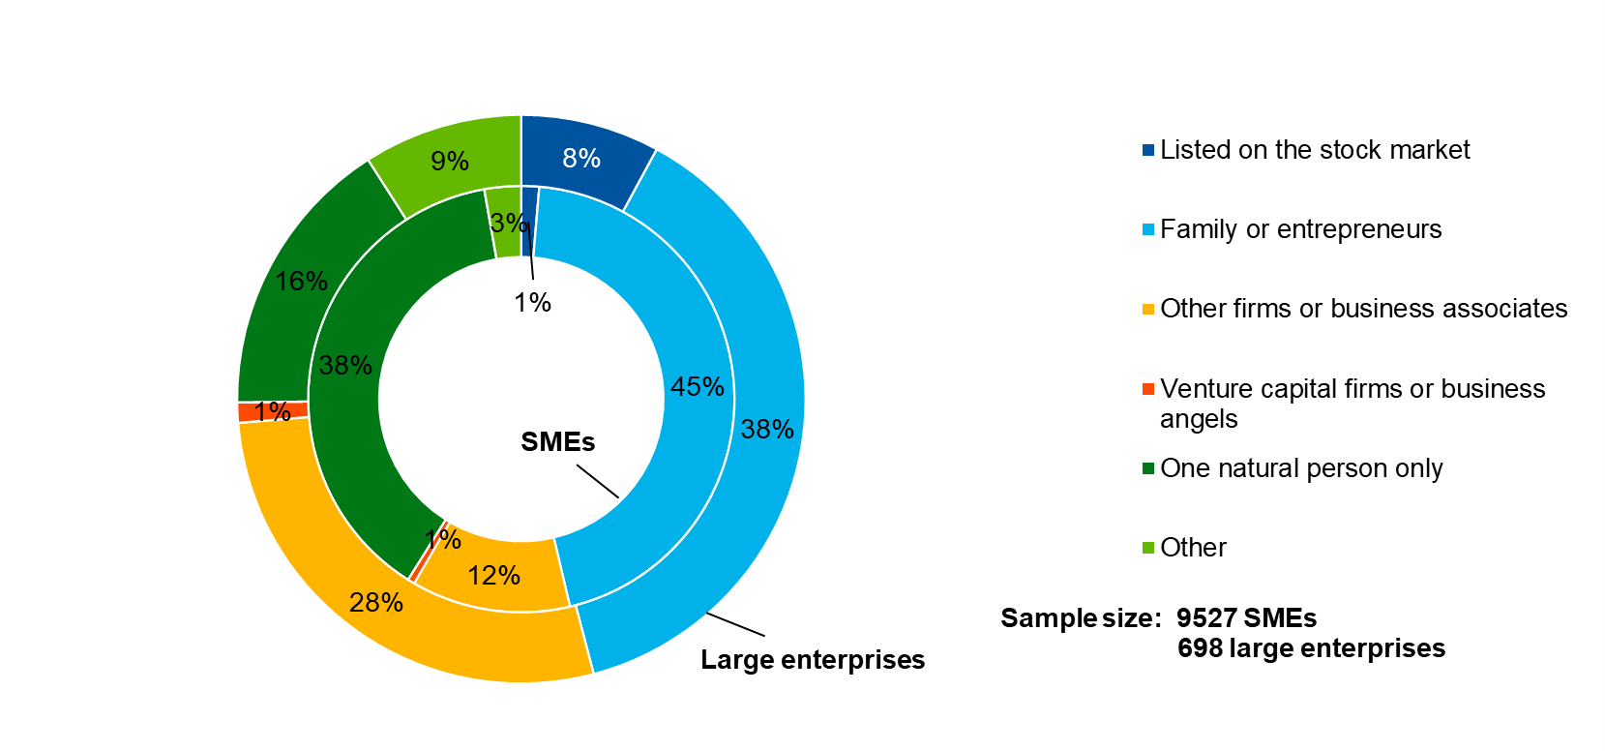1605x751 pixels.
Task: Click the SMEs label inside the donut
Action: pyautogui.click(x=557, y=442)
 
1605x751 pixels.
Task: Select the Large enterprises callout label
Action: pyautogui.click(x=813, y=660)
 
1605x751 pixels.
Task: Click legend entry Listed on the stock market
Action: pyautogui.click(x=1314, y=150)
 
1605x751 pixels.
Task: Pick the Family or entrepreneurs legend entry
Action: pyautogui.click(x=1300, y=229)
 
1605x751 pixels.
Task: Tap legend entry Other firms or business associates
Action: pyautogui.click(x=1363, y=309)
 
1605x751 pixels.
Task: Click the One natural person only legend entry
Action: pyautogui.click(x=1300, y=468)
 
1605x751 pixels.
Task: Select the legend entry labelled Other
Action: pyautogui.click(x=1193, y=548)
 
